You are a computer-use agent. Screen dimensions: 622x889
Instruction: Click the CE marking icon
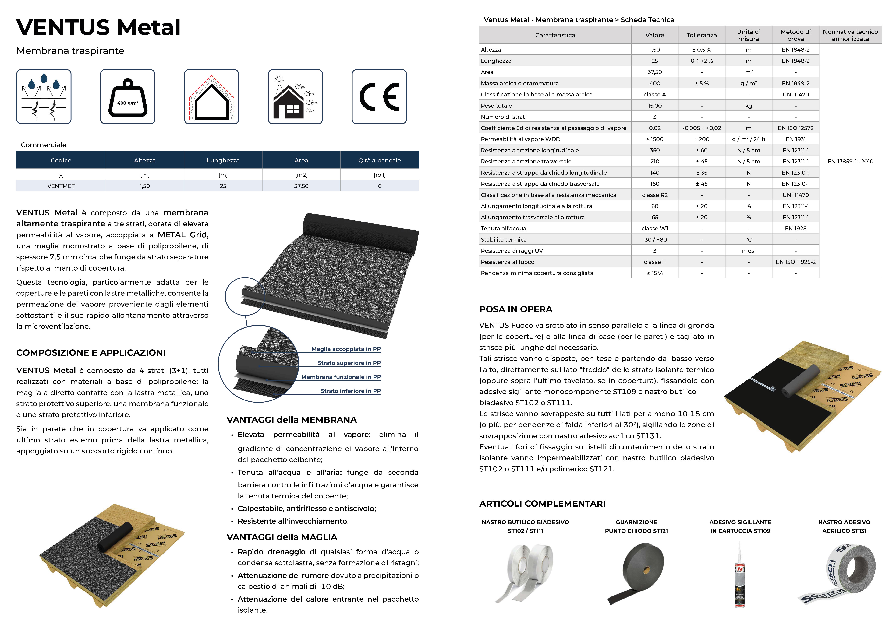pos(379,97)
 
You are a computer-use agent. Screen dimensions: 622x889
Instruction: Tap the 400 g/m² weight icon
pos(128,97)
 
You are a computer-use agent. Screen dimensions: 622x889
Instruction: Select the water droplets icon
pos(44,97)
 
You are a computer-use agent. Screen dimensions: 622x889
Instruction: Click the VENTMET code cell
pos(61,186)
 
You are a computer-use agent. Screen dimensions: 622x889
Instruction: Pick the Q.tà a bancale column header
pos(379,160)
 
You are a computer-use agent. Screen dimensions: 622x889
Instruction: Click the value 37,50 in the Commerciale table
pos(301,186)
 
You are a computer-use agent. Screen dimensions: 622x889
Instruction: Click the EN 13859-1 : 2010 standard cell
pos(850,161)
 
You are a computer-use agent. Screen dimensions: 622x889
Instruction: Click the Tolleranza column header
pos(702,35)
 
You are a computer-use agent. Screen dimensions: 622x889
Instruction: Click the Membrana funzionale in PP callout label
pos(341,377)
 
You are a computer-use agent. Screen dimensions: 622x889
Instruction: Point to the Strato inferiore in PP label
pos(350,391)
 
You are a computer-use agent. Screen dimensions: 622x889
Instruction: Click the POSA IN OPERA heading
pos(516,309)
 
